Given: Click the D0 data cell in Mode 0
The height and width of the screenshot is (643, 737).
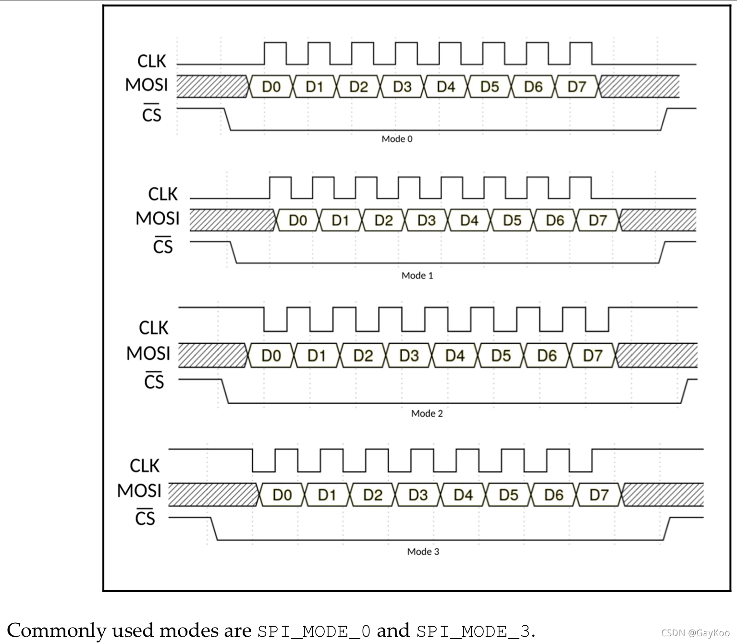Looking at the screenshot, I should coord(271,87).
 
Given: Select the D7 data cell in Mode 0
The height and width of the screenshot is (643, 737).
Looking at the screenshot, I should coord(577,87).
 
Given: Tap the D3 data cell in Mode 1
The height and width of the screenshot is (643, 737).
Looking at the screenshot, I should coord(426,220).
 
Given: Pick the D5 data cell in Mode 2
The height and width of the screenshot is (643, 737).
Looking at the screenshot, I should coord(501,356).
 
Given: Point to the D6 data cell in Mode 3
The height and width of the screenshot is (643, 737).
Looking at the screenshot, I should coord(553,495).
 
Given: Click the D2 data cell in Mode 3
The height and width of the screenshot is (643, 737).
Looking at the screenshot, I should coord(373,495).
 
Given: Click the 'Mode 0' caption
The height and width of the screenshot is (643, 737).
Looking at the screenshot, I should coord(397,139).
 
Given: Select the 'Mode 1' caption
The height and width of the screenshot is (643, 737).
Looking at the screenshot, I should coord(417,275).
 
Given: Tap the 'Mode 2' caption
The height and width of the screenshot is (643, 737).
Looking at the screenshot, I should coord(427,413).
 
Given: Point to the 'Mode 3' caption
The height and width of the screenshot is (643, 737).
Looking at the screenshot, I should coord(423,551).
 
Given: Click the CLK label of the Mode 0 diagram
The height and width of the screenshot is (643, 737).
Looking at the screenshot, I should coord(151,61).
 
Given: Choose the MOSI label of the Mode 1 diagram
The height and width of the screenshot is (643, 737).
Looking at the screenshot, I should coord(158,218).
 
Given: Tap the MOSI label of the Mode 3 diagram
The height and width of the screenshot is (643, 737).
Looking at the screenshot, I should coord(139,491).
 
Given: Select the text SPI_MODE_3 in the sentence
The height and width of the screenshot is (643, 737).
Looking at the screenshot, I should coord(473,631).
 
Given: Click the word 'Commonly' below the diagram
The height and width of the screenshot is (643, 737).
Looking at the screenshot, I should coord(57,630).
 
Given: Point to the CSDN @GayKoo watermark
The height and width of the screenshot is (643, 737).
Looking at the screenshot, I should coord(695,632).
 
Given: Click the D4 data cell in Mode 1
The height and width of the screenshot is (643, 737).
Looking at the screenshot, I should coord(469,220).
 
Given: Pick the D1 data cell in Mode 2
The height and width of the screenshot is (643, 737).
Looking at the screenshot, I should coord(317,356).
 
